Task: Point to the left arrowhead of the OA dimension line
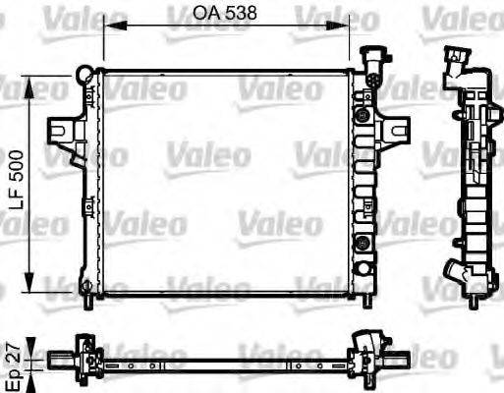107,28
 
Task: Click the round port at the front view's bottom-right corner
364,268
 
